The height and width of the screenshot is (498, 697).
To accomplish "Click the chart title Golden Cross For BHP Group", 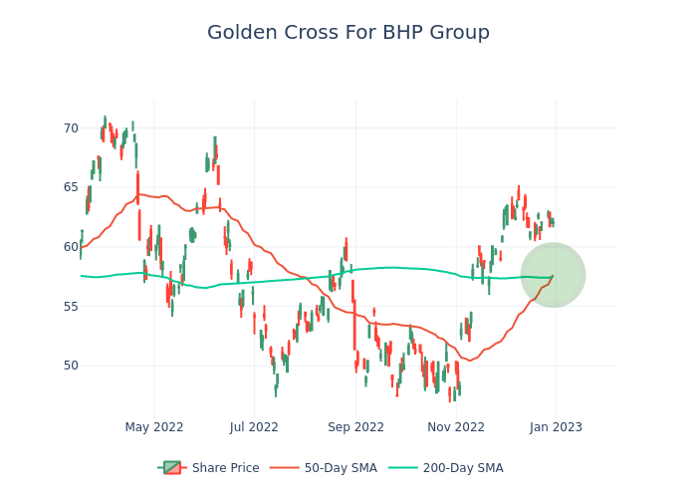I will [348, 33].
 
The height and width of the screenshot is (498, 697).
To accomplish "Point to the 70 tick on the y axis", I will [71, 128].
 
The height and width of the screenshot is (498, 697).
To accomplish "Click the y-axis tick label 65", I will [71, 187].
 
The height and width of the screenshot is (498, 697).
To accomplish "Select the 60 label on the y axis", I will [71, 247].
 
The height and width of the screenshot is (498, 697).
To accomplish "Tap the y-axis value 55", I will [71, 306].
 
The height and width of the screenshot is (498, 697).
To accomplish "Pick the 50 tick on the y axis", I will [71, 366].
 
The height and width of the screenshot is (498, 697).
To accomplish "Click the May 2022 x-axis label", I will [154, 427].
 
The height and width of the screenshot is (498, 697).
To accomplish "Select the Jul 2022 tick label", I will [255, 427].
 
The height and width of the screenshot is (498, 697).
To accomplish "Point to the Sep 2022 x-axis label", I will [355, 427].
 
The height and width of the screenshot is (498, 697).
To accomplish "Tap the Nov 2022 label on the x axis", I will [456, 427].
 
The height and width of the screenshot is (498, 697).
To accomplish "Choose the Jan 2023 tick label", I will [556, 427].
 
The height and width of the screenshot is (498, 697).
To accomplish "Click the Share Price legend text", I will [225, 468].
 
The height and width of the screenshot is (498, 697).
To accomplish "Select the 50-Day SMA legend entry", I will [341, 468].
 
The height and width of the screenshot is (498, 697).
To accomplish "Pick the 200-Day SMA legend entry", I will [463, 468].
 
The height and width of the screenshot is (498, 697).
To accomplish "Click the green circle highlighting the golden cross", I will [553, 275].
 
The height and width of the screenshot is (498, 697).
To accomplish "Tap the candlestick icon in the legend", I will [172, 468].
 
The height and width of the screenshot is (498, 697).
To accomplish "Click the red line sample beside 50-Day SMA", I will [285, 468].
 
